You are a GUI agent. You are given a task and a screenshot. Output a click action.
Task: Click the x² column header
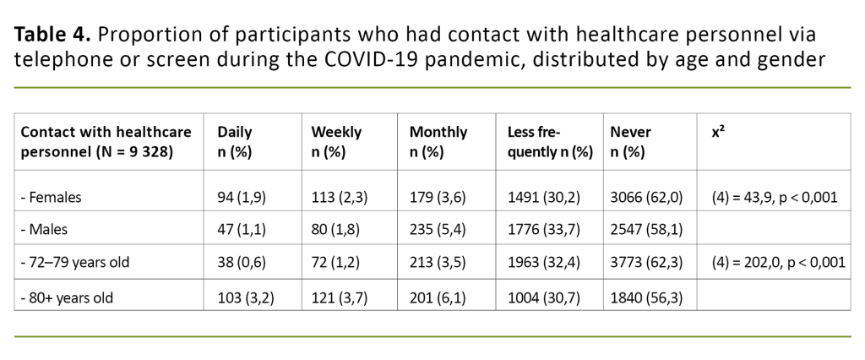[718, 133]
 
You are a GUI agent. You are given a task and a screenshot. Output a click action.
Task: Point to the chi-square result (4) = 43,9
[775, 198]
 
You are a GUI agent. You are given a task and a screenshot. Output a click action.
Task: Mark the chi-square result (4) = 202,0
[778, 262]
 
